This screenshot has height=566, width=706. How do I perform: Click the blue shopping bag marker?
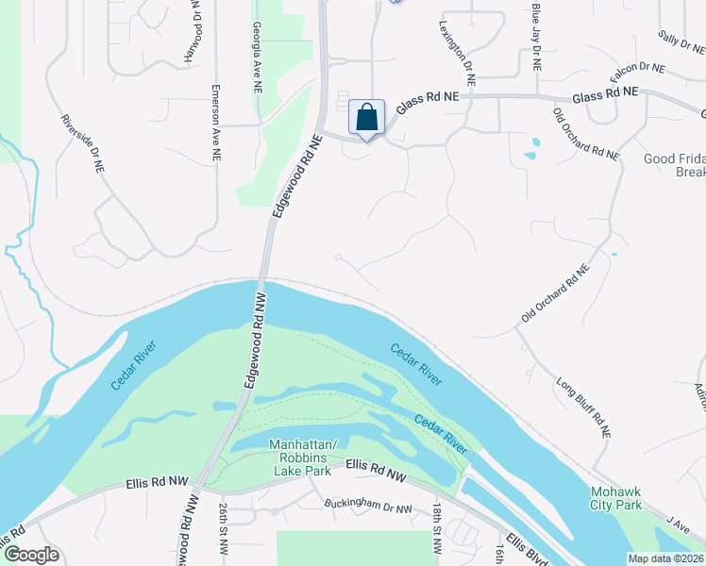tap(366, 118)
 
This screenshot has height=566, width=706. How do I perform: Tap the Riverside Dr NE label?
tap(81, 143)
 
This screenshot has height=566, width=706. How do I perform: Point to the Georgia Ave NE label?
tap(257, 58)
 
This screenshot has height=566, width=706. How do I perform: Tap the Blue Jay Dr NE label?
tap(536, 38)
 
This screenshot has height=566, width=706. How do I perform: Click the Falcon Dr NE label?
tap(638, 69)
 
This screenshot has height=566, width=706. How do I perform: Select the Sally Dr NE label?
tap(676, 43)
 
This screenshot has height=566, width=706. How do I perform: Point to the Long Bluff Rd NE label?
tap(583, 408)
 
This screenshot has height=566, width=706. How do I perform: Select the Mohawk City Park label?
tap(615, 499)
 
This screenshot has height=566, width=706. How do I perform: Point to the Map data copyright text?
tap(666, 558)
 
